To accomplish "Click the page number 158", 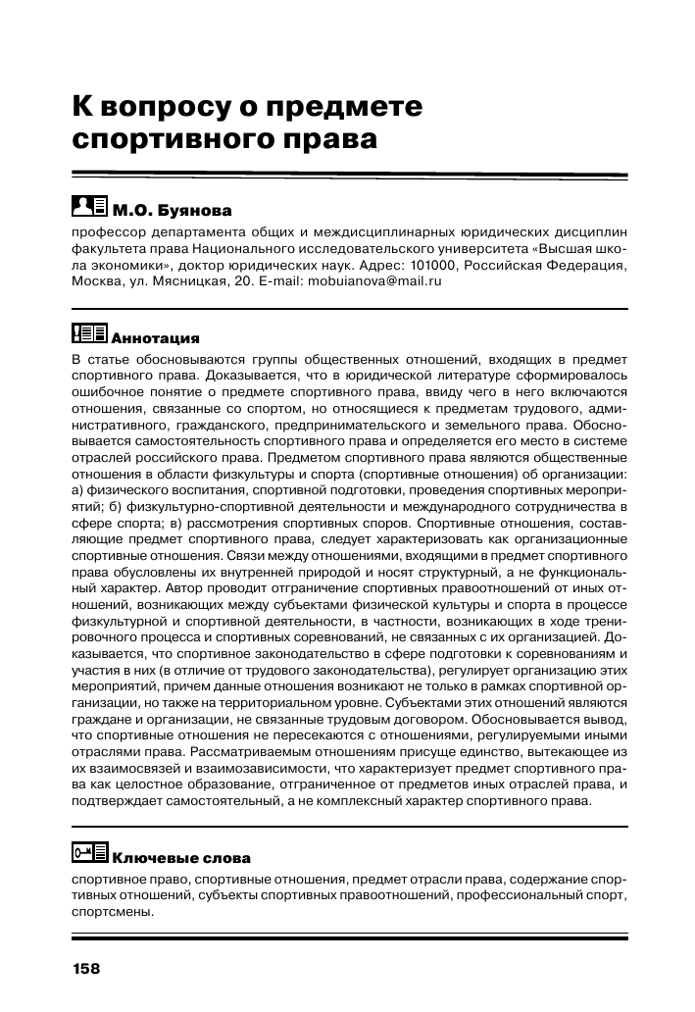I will pos(86,969).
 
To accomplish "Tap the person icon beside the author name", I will pos(83,207).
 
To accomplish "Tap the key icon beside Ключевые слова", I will pos(91,855).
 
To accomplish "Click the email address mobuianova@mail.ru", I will pos(375,280).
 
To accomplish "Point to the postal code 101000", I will pos(433,265).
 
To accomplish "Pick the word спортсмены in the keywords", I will pos(112,911).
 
